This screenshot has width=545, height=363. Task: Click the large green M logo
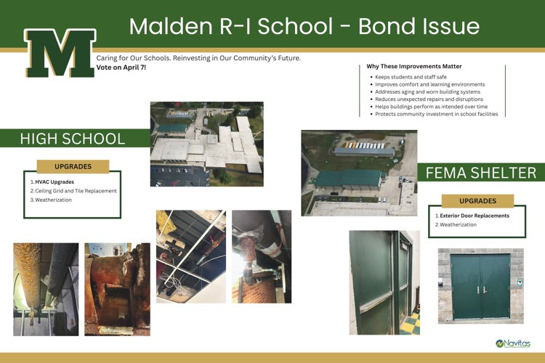tap(60, 53)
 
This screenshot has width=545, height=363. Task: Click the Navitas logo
tap(512, 343)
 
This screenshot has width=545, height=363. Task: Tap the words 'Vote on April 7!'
tap(121, 68)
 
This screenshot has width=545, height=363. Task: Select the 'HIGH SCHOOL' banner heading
tap(73, 139)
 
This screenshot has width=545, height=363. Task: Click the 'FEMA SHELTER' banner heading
tap(481, 173)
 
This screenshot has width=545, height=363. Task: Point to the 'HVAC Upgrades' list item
tap(54, 181)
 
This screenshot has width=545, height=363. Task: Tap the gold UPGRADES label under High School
tap(72, 166)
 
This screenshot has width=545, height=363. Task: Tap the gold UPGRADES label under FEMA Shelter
tap(477, 201)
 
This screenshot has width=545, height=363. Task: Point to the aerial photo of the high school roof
tap(206, 144)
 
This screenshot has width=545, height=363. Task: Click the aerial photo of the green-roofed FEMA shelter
tap(359, 172)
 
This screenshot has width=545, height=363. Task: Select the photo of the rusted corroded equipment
tap(117, 289)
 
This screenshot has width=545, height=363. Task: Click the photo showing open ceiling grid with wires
tap(190, 256)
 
